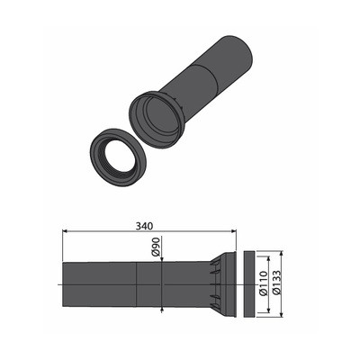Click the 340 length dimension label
[x=144, y=226]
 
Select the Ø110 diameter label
[x=263, y=283]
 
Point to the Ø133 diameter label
[x=276, y=283]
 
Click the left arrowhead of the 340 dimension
[x=65, y=231]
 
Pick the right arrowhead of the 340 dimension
[x=234, y=231]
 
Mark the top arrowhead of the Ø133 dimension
[x=281, y=254]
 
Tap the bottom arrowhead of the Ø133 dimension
[x=281, y=314]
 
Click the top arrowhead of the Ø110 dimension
[x=268, y=259]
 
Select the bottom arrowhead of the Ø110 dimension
[x=268, y=310]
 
